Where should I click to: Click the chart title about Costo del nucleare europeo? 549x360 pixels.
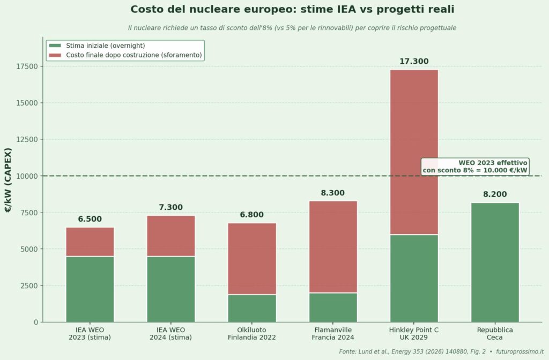[292, 10]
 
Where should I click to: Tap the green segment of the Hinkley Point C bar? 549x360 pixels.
[414, 278]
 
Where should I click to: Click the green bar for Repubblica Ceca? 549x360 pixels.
[495, 262]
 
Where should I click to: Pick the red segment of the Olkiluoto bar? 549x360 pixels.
[252, 259]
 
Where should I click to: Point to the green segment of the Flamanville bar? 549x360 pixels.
[333, 307]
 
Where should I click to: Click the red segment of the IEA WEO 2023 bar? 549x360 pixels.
[90, 242]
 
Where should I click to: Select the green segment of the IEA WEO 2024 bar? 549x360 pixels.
[171, 289]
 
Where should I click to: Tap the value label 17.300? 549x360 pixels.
[414, 62]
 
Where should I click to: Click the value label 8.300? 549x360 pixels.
[333, 193]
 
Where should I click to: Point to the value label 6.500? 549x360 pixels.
[90, 219]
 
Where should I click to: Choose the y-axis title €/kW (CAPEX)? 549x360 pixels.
[8, 179]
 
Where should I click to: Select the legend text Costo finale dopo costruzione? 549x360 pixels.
[133, 55]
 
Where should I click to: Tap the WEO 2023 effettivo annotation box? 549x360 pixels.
[475, 166]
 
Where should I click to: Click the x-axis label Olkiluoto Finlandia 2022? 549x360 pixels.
[252, 333]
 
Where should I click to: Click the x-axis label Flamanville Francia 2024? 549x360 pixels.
[333, 333]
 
